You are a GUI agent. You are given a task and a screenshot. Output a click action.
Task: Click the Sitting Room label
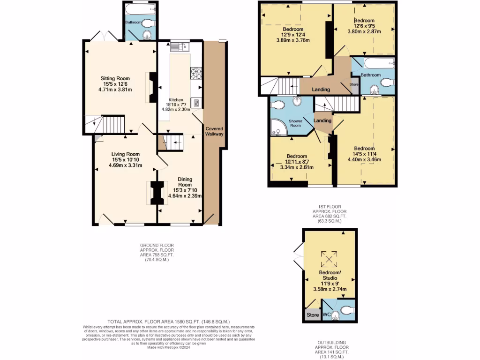(115, 79)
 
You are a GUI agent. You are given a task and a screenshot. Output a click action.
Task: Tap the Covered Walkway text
(214, 131)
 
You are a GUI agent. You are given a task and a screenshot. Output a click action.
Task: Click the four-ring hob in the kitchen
(196, 73)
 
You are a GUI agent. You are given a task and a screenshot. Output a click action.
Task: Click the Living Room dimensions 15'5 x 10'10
(126, 160)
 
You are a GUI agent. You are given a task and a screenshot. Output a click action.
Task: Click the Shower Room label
(295, 123)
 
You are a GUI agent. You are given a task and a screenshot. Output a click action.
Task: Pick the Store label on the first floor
(354, 85)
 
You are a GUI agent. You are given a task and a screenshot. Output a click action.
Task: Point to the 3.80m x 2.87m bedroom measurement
(364, 32)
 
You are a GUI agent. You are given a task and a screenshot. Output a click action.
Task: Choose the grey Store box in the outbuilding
(313, 315)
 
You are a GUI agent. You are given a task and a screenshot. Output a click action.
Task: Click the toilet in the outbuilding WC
(345, 309)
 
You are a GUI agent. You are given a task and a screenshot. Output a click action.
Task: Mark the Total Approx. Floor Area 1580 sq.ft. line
(169, 322)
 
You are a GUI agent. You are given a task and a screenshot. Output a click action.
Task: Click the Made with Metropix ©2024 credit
(169, 347)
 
